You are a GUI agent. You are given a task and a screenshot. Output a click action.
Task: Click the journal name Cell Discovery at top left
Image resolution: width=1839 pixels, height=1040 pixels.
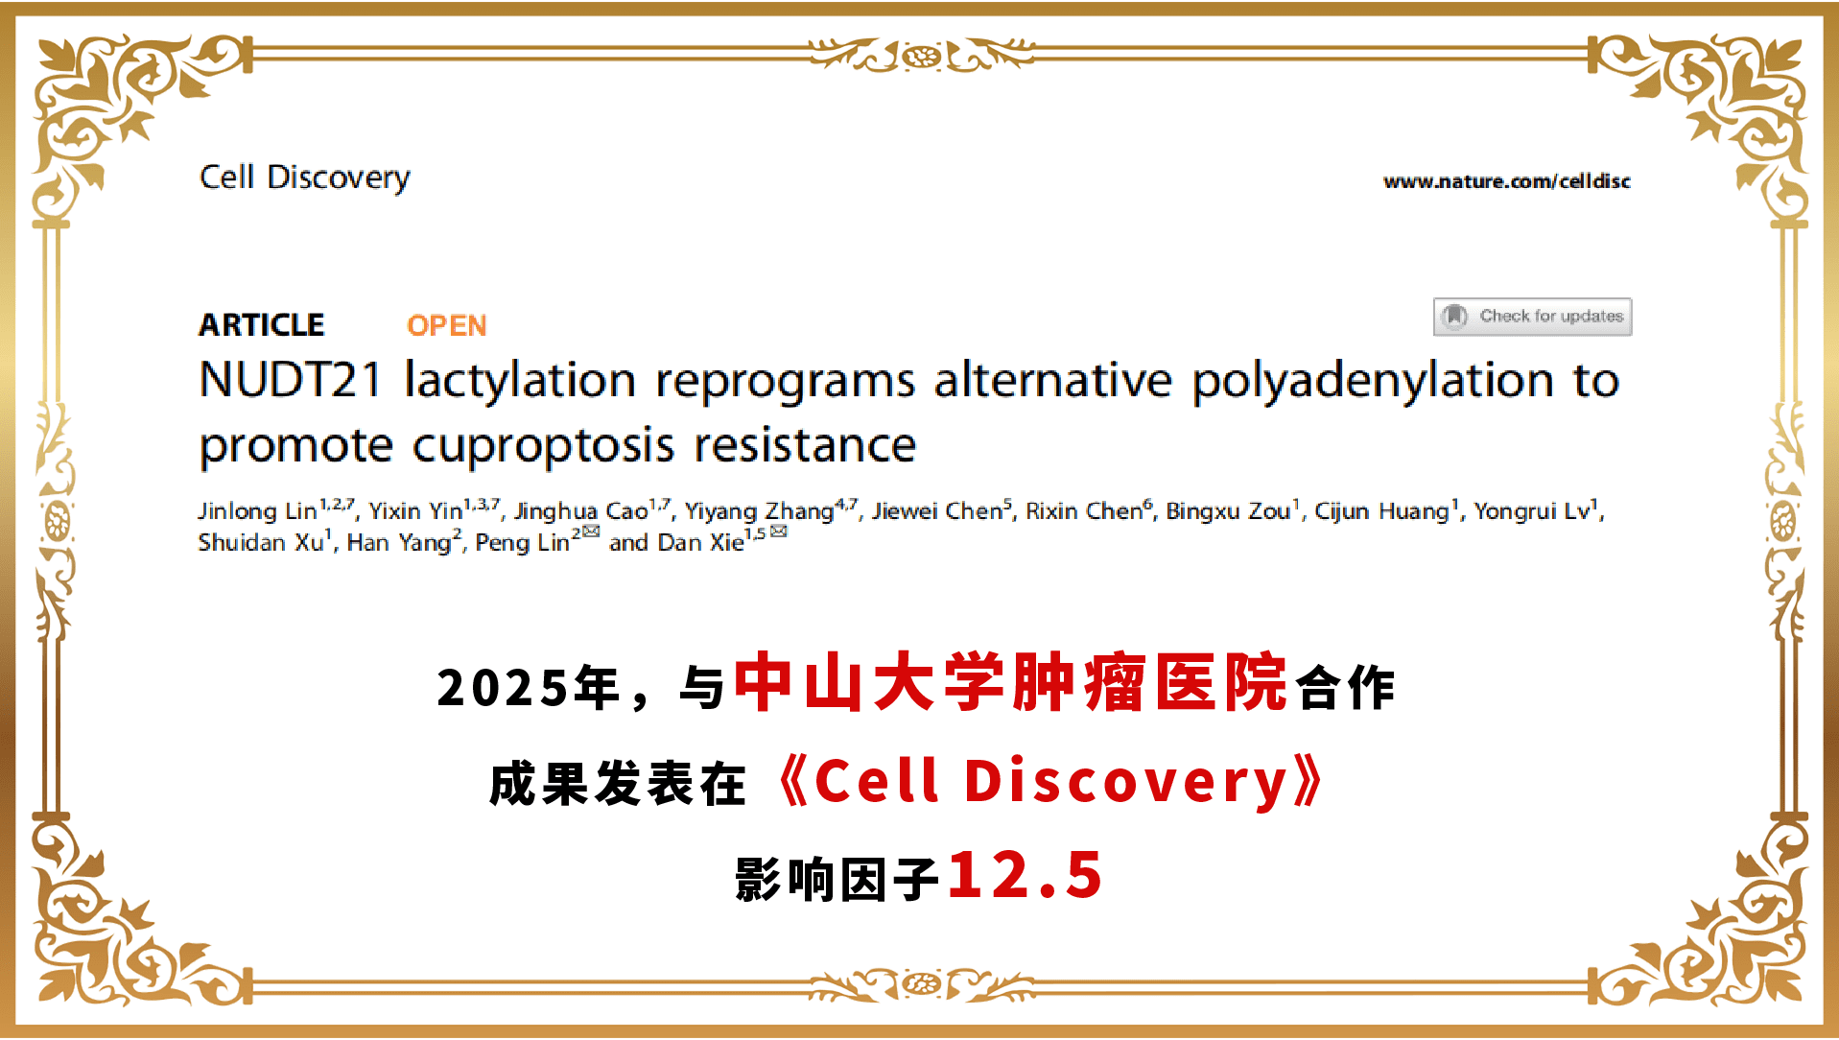304,178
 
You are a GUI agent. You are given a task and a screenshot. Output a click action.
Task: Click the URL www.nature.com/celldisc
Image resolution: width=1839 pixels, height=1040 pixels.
1506,181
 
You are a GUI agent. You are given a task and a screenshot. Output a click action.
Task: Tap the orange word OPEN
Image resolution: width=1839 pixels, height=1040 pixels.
446,326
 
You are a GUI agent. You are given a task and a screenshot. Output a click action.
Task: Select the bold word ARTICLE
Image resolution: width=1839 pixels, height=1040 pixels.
261,325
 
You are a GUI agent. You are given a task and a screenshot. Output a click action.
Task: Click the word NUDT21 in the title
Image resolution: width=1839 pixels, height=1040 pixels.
291,380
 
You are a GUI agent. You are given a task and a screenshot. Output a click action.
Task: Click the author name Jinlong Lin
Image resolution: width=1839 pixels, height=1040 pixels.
257,511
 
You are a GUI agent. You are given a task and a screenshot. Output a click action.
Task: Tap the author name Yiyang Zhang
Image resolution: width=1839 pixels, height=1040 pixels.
759,511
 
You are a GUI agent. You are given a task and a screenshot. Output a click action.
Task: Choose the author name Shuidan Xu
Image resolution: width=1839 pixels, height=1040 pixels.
261,543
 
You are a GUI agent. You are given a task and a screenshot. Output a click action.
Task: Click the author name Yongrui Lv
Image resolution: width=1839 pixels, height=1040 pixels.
1532,511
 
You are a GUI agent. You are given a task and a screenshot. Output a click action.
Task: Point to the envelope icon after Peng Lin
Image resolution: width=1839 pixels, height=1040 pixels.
591,532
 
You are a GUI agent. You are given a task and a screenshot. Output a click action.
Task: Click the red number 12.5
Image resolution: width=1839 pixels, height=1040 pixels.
1025,875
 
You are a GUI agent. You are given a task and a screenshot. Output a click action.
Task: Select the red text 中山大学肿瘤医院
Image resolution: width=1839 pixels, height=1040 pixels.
1010,682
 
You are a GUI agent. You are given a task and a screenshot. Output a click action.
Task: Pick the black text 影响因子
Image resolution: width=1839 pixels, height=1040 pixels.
837,879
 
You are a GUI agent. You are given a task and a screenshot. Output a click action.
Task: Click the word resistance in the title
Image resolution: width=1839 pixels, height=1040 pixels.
805,446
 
